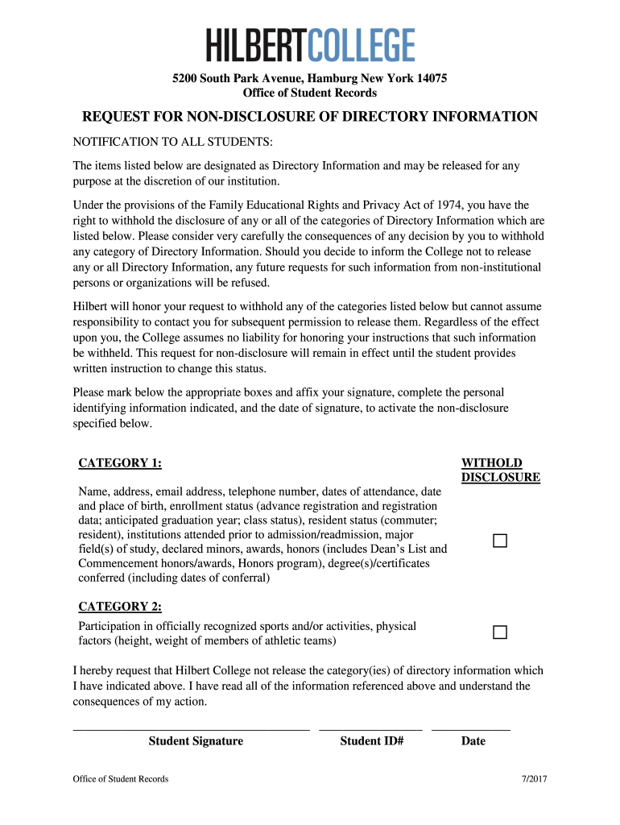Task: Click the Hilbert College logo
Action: coord(311,45)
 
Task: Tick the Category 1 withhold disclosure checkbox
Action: coord(500,541)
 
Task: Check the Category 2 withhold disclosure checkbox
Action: coord(500,632)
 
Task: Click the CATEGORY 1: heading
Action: coord(119,463)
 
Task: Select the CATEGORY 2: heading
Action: coord(119,607)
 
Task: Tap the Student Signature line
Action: coord(191,728)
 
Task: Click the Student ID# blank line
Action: coord(370,728)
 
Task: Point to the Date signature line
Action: coord(471,728)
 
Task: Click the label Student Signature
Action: coord(196,741)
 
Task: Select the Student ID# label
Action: coord(371,741)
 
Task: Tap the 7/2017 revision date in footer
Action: coord(534,779)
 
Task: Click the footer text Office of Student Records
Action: coord(121,779)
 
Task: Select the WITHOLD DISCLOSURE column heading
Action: coord(499,471)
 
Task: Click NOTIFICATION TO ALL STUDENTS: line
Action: coord(173,143)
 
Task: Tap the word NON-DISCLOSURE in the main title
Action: coord(259,118)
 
